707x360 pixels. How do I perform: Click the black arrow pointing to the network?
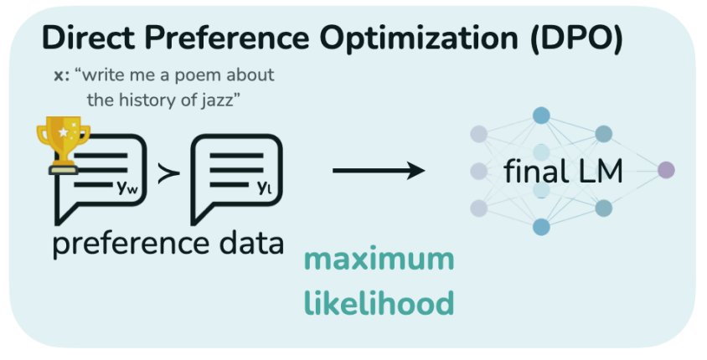coord(378,171)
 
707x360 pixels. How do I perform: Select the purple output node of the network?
coord(666,170)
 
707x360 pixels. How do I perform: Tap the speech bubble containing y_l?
coord(236,174)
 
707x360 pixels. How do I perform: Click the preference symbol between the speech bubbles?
coord(168,174)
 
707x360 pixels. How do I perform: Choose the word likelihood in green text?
coord(379,301)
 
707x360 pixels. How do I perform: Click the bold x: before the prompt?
coord(61,75)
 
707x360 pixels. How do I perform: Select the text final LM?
coord(563,172)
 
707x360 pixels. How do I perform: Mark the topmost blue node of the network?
coord(541,115)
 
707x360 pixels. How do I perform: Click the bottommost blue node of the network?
coord(541,226)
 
